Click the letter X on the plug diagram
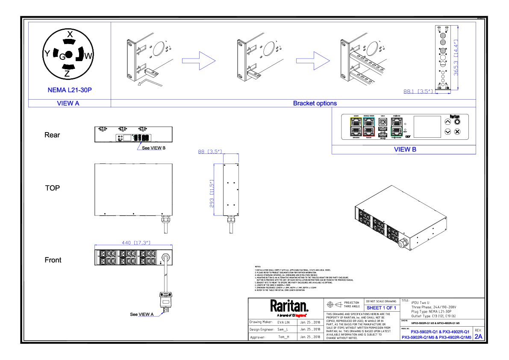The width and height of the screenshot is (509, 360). (70, 33)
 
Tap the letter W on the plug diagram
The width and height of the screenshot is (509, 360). (88, 56)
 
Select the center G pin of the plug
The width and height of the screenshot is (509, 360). (62, 56)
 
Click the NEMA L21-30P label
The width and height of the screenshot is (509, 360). (70, 90)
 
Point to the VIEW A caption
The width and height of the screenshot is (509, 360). (68, 103)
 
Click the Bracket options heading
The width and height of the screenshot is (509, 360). (315, 103)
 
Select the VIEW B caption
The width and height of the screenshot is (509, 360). (405, 149)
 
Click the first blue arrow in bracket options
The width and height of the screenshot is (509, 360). (198, 60)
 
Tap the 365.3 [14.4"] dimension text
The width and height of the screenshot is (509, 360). (456, 55)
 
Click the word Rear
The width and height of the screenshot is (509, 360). (52, 135)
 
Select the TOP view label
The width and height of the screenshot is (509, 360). (53, 188)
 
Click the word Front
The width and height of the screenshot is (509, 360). (53, 260)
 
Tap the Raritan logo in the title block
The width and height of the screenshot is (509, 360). (289, 306)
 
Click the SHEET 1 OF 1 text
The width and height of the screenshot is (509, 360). (381, 308)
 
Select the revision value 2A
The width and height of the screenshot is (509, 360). (478, 336)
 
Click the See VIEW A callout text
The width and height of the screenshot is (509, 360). (142, 314)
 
